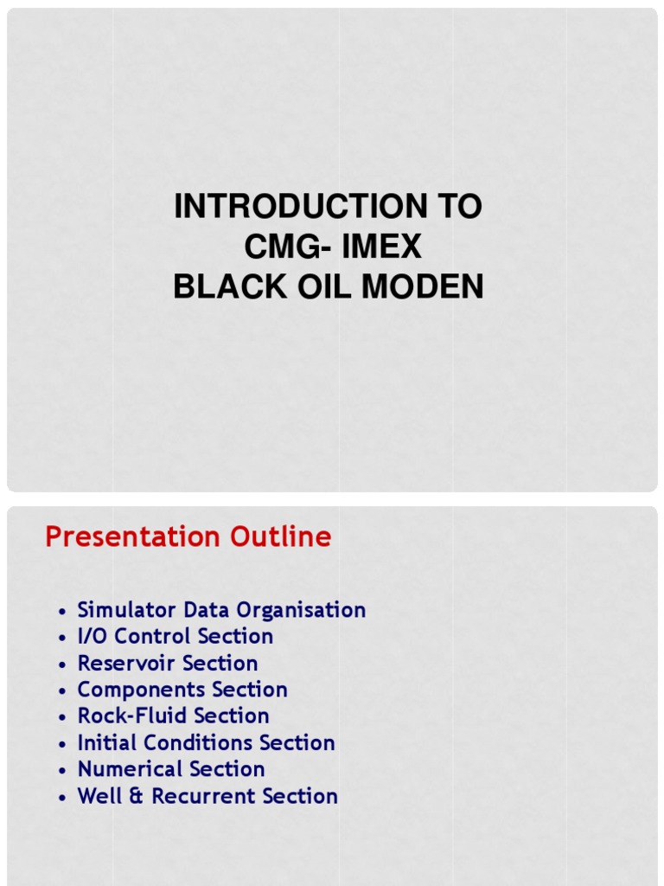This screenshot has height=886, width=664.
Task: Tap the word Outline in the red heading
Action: click(x=281, y=537)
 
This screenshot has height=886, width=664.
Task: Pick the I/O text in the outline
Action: click(x=93, y=637)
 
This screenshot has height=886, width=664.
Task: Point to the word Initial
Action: click(x=107, y=743)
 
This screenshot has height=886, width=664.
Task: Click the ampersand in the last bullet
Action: click(x=138, y=797)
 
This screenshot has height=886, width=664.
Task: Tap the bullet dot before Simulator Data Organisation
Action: click(x=62, y=612)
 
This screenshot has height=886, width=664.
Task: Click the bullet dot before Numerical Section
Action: click(x=62, y=771)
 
